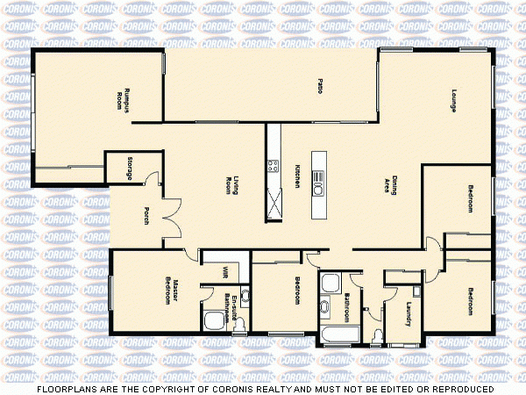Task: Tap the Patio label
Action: (x=320, y=87)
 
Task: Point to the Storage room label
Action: (x=131, y=168)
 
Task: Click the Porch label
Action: (x=146, y=215)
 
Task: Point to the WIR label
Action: (x=225, y=272)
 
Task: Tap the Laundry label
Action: (x=409, y=314)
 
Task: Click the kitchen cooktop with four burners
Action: (x=273, y=165)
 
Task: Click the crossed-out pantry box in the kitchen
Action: (x=274, y=207)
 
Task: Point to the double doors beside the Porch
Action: (x=172, y=215)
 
